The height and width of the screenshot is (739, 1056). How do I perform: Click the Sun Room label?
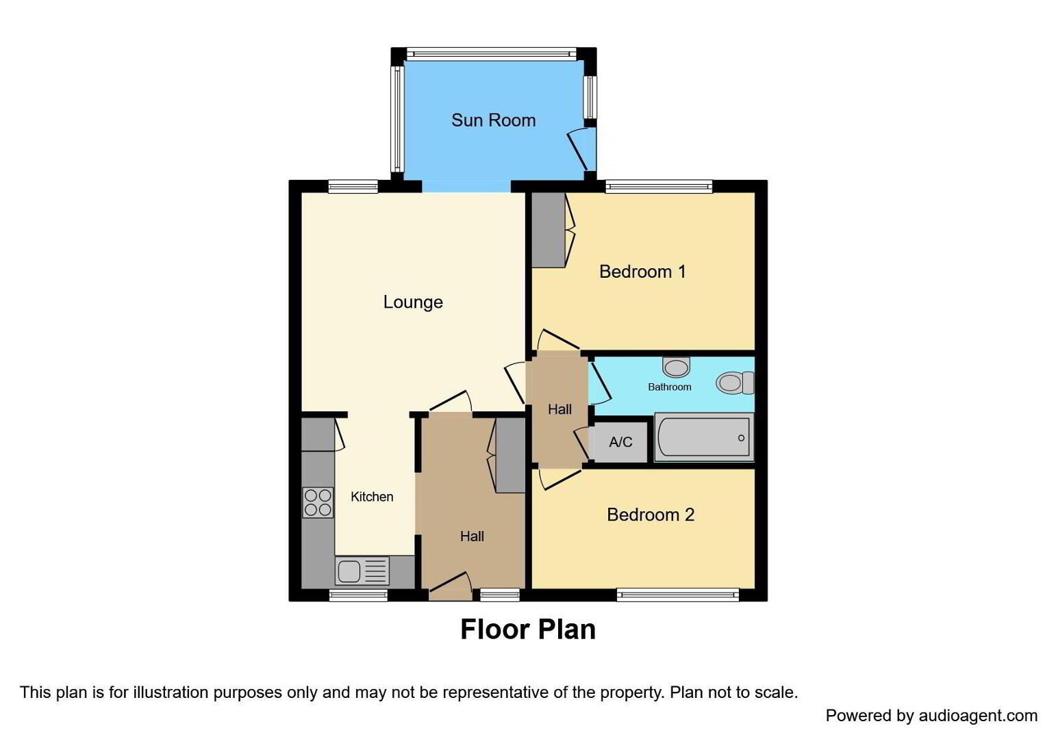[494, 120]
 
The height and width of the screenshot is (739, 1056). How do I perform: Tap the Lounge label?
[413, 302]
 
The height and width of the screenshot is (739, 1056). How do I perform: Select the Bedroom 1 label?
[642, 272]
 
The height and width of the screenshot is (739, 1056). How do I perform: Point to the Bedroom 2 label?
[651, 515]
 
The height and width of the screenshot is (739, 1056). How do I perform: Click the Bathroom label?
[670, 387]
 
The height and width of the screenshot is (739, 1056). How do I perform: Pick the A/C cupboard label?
[620, 442]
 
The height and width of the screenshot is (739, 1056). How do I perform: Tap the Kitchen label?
[372, 497]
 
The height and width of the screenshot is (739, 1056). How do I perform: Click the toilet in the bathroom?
[735, 383]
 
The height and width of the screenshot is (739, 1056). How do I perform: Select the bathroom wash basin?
[676, 367]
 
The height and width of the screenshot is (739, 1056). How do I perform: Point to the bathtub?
[704, 437]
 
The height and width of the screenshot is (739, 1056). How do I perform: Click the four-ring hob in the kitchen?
[318, 502]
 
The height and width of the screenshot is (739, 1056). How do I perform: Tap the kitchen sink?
[362, 571]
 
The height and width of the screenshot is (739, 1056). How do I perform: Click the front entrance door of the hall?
[450, 587]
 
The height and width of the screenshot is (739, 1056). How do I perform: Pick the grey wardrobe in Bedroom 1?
[549, 231]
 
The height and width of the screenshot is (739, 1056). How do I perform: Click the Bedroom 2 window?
[678, 595]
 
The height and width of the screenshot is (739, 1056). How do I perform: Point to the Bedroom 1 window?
[659, 187]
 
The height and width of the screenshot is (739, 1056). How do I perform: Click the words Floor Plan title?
[528, 630]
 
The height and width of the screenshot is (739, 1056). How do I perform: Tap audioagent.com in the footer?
[978, 716]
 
